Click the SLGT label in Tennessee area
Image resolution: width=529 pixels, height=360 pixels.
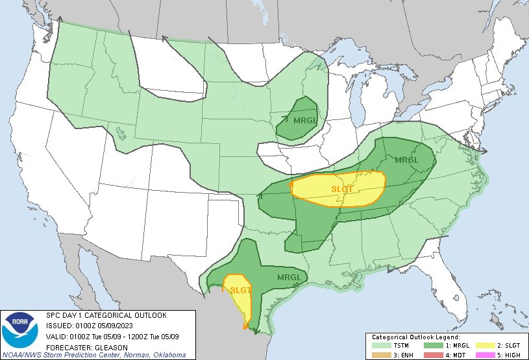(x=343, y=189)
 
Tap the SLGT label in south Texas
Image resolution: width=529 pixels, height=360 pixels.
(x=240, y=290)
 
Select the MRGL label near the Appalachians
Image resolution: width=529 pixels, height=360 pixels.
(x=407, y=160)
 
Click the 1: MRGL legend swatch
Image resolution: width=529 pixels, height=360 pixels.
(x=430, y=345)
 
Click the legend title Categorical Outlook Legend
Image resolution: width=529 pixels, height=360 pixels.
(x=415, y=337)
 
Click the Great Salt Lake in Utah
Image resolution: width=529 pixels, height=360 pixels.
(x=120, y=133)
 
